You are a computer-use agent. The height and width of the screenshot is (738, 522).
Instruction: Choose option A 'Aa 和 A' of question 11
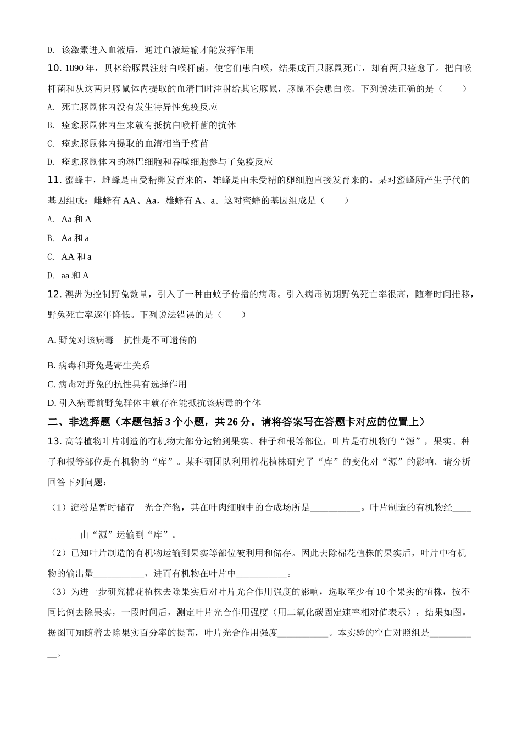[x=76, y=219]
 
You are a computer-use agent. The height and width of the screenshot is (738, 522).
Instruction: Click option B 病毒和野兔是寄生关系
[x=99, y=365]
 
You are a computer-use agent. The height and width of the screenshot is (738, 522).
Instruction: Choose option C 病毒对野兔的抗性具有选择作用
[x=117, y=384]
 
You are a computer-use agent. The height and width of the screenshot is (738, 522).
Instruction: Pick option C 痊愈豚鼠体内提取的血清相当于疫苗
[x=135, y=143]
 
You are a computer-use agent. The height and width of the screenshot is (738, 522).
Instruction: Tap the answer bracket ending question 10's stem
[x=453, y=88]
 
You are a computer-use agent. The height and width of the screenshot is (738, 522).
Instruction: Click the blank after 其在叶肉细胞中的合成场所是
[x=335, y=508]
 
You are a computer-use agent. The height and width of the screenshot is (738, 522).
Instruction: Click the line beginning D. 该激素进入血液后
[x=151, y=50]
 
